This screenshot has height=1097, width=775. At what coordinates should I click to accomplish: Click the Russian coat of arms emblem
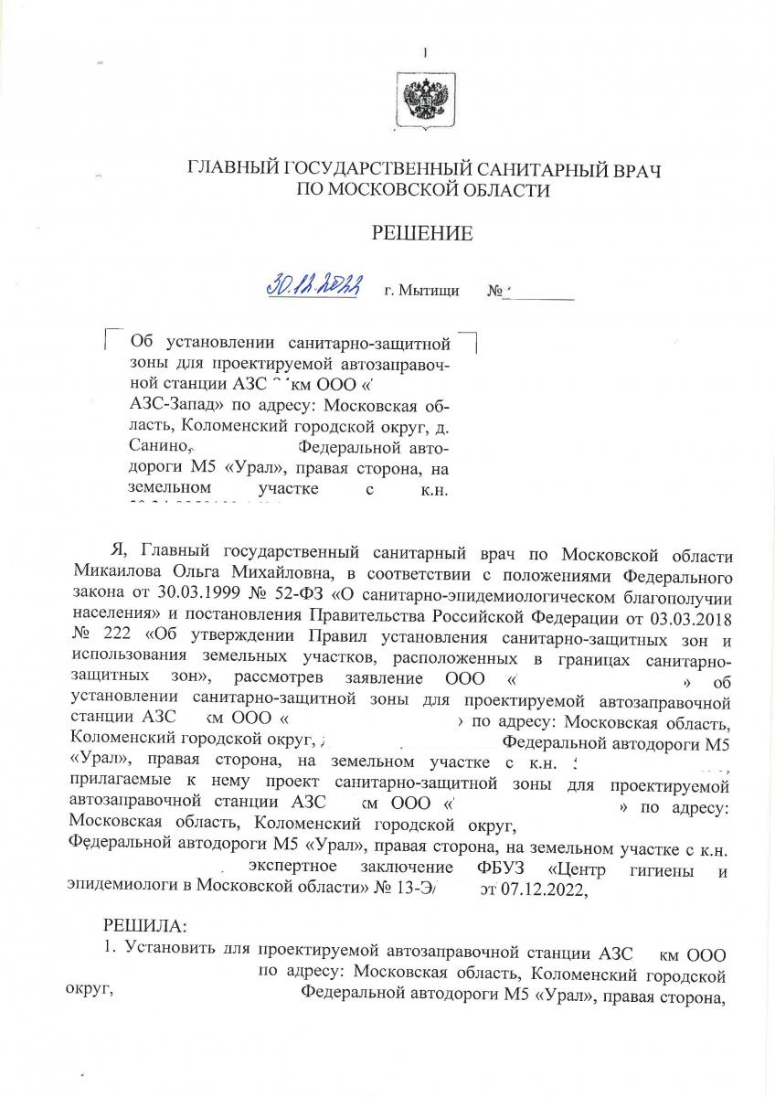tap(422, 98)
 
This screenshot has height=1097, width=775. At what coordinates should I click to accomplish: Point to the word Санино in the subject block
tap(158, 447)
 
